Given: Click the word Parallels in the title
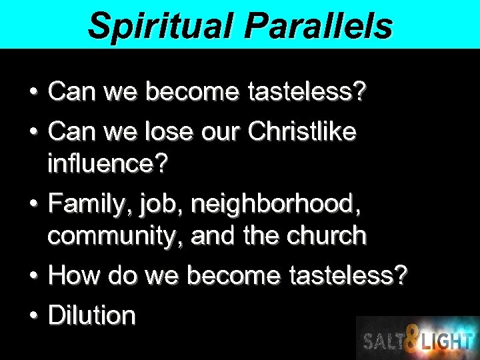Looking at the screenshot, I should click(x=318, y=25).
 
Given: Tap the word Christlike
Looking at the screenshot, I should click(x=301, y=131).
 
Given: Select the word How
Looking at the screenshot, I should click(x=72, y=275).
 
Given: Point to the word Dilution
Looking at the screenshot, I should click(x=92, y=315).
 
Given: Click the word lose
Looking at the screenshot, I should click(x=171, y=131).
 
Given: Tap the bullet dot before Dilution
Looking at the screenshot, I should click(x=31, y=315).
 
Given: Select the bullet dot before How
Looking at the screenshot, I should click(x=31, y=275).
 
